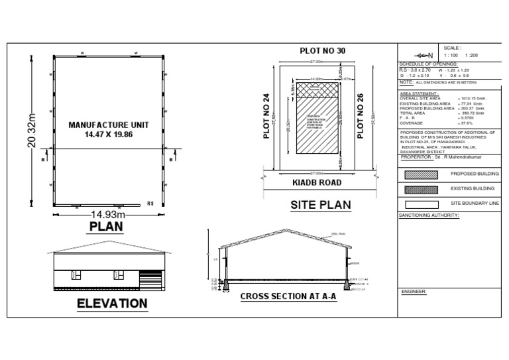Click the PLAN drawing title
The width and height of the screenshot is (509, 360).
[x=106, y=227]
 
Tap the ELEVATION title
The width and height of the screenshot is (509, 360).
[x=112, y=304]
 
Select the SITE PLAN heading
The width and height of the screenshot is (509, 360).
[x=321, y=205]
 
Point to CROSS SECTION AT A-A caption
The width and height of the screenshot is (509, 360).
[x=288, y=296]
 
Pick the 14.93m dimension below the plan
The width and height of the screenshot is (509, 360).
[x=107, y=214]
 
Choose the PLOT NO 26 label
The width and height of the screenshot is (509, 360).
[x=361, y=116]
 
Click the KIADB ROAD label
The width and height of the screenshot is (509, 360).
[x=317, y=182]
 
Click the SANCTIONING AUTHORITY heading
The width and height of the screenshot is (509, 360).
[x=429, y=215]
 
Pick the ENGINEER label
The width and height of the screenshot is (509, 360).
[x=414, y=292]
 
